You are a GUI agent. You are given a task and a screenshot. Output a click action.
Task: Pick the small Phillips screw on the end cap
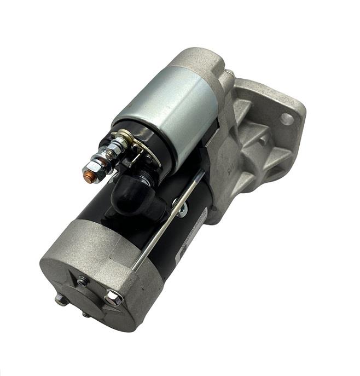(82, 282)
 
